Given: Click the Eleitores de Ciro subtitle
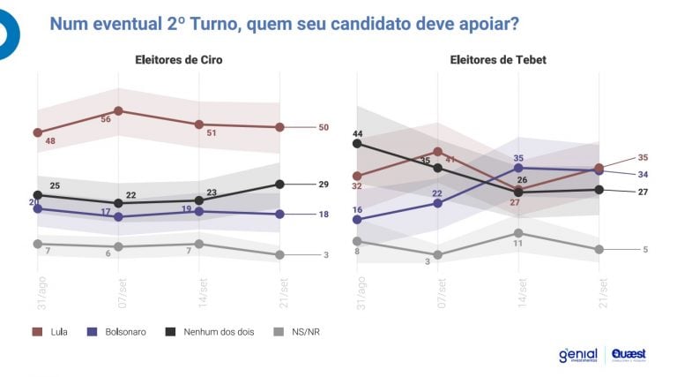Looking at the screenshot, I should point(178,60).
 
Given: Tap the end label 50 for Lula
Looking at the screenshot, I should point(324,127).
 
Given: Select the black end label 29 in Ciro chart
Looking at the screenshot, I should point(324,184).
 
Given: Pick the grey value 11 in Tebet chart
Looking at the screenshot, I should point(518,244).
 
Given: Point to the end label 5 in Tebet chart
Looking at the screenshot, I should point(645,250).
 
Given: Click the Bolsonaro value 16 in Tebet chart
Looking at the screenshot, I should point(357,209).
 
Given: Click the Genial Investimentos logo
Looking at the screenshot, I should point(577,355).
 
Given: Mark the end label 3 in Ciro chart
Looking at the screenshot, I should point(325,255).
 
